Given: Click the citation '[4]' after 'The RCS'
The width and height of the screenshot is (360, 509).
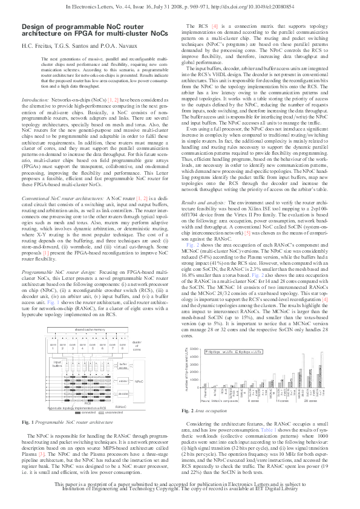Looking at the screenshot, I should [215, 28].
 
